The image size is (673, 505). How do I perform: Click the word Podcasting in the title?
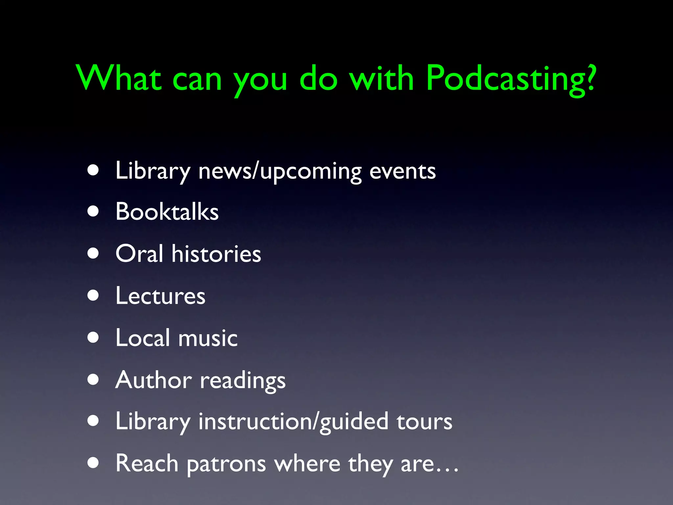pos(506,79)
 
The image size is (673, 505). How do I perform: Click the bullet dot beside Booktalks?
pos(93,211)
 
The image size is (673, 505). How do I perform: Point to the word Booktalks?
pos(167,211)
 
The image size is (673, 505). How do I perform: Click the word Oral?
pos(139,253)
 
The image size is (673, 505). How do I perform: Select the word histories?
pos(216,254)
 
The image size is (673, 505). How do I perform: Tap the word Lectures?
pos(160,296)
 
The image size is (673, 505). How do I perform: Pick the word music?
pos(208,338)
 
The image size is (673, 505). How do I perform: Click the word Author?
pos(153,380)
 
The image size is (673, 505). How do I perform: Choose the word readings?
pos(243,381)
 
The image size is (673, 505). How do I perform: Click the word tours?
pos(424,422)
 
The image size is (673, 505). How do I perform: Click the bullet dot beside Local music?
pos(93,338)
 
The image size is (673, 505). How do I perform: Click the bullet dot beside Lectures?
pos(93,296)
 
